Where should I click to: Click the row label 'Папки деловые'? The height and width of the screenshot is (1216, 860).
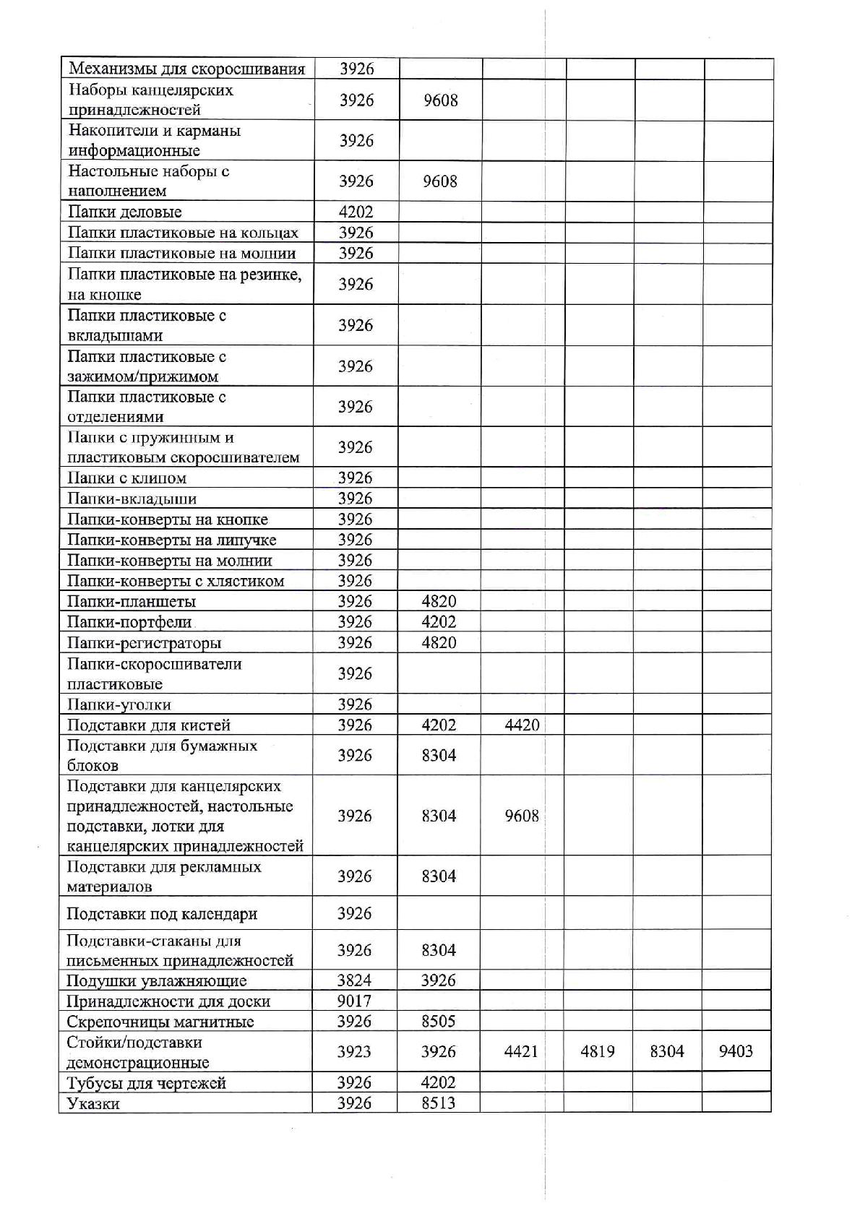(x=124, y=212)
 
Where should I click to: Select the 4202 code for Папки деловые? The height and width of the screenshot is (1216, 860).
(x=356, y=212)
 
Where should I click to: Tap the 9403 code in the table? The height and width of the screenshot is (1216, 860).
(x=736, y=1051)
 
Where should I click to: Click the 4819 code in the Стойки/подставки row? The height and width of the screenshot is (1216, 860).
(x=598, y=1051)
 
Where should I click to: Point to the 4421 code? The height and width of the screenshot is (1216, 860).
(x=521, y=1051)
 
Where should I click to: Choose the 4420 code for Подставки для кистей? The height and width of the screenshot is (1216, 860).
(x=522, y=725)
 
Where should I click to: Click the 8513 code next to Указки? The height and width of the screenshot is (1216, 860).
(x=439, y=1103)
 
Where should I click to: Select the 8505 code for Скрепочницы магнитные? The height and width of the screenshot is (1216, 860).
(x=439, y=1021)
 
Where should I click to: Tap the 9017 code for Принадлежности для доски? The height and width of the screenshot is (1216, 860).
(x=354, y=1001)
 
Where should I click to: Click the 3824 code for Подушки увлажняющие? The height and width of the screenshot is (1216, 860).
(x=354, y=980)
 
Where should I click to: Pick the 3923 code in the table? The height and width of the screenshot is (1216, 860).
(x=354, y=1051)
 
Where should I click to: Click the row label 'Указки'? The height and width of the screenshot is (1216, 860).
(x=93, y=1103)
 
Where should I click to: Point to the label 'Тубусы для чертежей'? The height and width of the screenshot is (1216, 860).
(x=146, y=1083)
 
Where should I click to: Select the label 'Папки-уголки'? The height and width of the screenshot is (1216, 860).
(x=119, y=704)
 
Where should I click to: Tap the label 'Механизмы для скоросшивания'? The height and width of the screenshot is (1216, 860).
(x=186, y=69)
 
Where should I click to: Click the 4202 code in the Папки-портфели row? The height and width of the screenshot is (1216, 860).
(x=439, y=622)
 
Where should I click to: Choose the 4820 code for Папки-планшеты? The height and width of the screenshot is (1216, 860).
(x=439, y=601)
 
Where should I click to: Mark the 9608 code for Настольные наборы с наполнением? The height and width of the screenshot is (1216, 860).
(x=440, y=181)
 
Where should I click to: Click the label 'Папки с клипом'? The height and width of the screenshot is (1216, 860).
(x=127, y=478)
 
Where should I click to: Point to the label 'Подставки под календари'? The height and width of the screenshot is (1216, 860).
(x=162, y=914)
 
